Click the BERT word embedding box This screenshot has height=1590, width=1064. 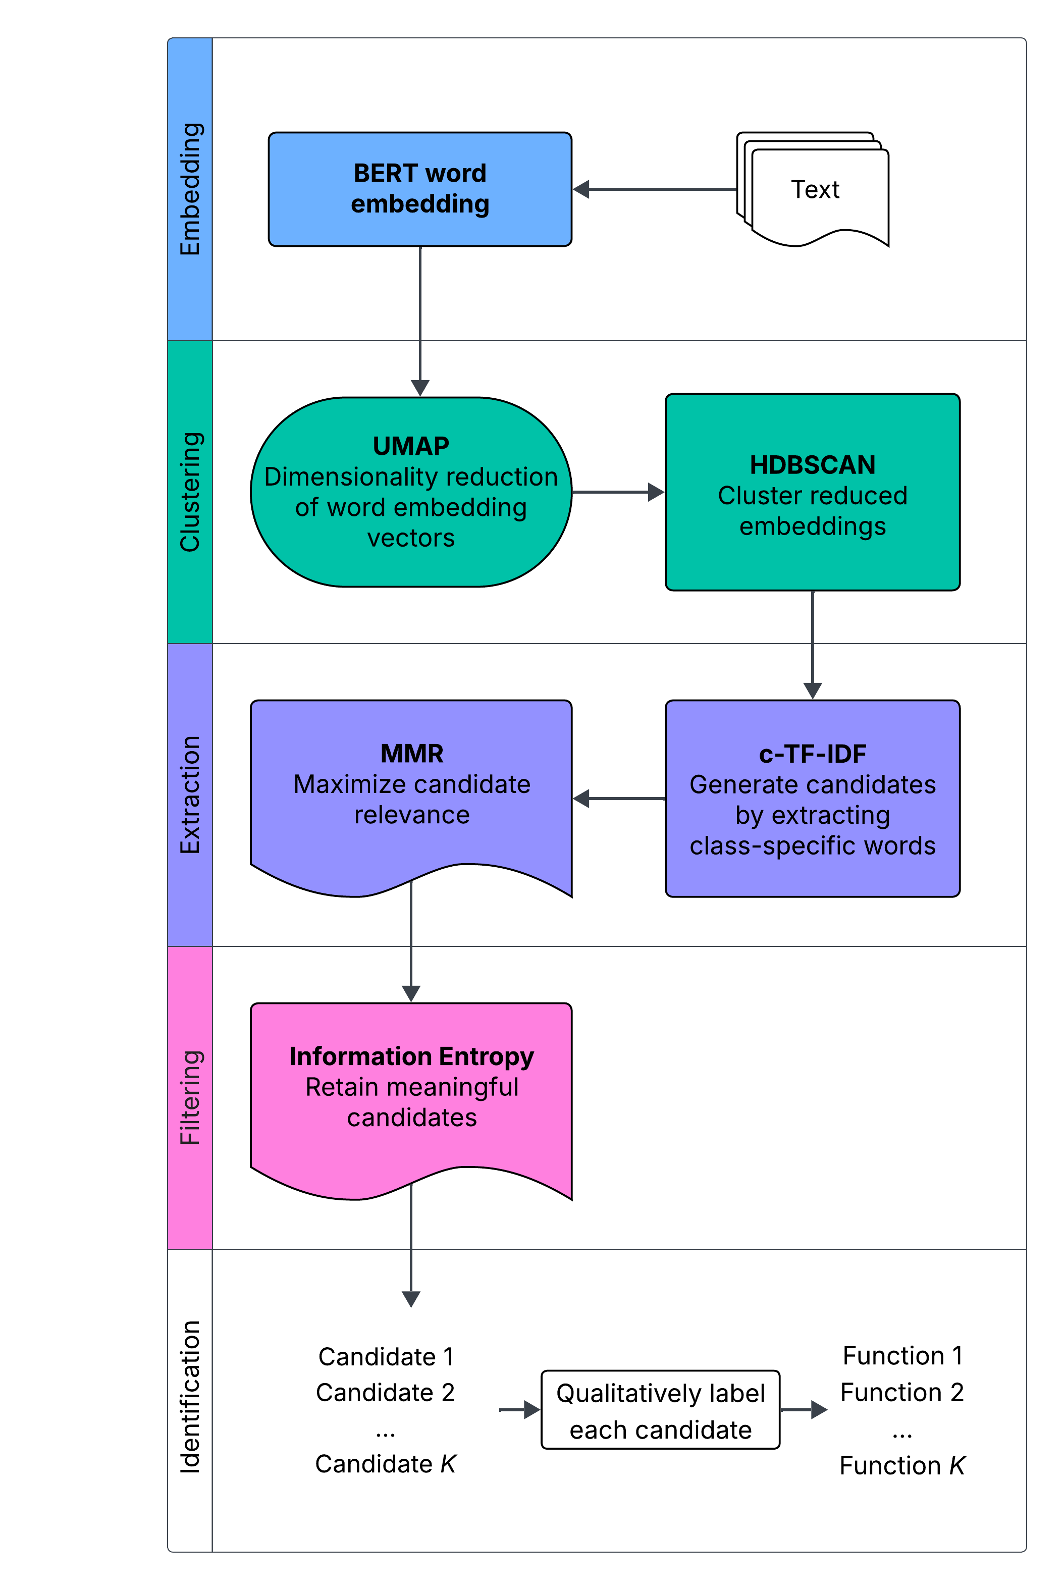coord(420,189)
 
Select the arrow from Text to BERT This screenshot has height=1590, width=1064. coord(655,189)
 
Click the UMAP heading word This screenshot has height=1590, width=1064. coord(411,446)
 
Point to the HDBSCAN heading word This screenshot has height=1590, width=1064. coord(812,465)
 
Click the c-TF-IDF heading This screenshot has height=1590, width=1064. coord(812,754)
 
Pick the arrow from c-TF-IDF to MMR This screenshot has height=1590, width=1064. coord(619,799)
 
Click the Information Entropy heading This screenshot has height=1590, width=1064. coord(412,1056)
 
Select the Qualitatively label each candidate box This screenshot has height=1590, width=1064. coord(660,1411)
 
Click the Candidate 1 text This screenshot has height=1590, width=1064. coord(386,1357)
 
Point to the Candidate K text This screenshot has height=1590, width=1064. coord(386,1464)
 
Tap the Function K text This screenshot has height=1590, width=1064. coord(902,1465)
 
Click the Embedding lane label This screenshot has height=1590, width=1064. coord(190,189)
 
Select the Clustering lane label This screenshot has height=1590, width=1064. coord(190,492)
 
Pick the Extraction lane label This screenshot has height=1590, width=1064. coord(190,794)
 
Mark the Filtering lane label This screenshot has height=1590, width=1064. coord(190,1097)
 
